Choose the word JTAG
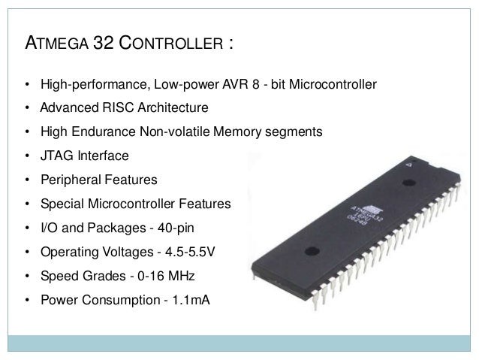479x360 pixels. (x=55, y=156)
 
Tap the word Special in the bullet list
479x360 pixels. (x=62, y=204)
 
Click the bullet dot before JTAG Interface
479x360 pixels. (x=28, y=156)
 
